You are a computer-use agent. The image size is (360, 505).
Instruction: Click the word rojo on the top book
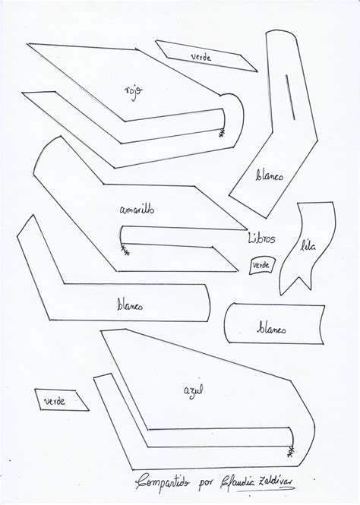click(x=134, y=93)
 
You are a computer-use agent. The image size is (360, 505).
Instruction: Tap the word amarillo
click(x=137, y=210)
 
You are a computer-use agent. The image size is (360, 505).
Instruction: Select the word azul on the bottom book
click(x=193, y=390)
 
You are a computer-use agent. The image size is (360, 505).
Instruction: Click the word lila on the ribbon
click(x=308, y=246)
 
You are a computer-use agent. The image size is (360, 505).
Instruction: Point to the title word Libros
click(x=261, y=238)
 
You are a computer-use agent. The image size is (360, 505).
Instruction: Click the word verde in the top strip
click(x=201, y=57)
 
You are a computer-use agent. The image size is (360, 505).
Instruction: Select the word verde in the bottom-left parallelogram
click(x=55, y=401)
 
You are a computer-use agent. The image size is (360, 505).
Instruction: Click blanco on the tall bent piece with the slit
click(x=270, y=175)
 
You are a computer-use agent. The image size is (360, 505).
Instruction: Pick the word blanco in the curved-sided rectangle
click(x=271, y=329)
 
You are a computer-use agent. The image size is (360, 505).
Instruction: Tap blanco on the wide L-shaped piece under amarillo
click(x=130, y=305)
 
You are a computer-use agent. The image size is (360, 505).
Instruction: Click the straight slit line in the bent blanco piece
click(x=290, y=97)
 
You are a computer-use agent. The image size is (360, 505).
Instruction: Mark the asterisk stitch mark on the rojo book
click(x=222, y=133)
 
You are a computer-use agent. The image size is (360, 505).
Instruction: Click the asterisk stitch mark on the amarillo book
click(x=125, y=251)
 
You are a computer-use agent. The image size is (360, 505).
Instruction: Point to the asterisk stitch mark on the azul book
click(x=291, y=452)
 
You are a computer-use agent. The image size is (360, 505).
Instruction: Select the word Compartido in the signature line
click(x=163, y=482)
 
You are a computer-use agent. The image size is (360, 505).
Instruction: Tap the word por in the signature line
click(x=206, y=484)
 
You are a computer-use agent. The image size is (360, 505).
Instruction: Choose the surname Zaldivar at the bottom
click(x=277, y=481)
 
